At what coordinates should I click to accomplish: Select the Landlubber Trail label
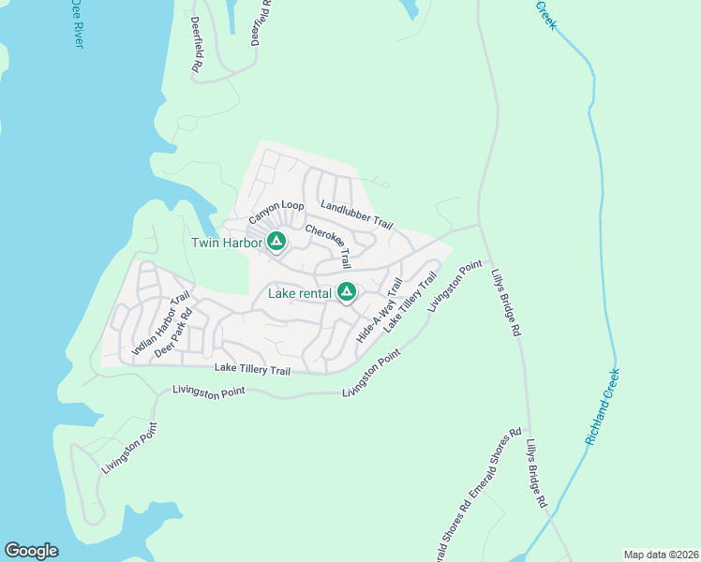(x=356, y=214)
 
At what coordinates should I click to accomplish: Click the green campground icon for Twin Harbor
(x=276, y=242)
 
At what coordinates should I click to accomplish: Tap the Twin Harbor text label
(x=225, y=243)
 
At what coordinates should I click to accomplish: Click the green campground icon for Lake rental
(x=347, y=293)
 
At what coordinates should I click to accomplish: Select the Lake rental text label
(x=299, y=293)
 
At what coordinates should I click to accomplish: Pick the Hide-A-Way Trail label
(x=380, y=310)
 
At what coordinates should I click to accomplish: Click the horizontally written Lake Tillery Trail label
(x=252, y=370)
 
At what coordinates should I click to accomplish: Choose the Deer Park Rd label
(x=173, y=333)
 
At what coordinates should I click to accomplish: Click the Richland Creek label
(x=603, y=406)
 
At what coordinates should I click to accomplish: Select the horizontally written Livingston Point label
(x=208, y=394)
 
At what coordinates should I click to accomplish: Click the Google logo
(x=31, y=551)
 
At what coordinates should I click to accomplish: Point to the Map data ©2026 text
(x=661, y=555)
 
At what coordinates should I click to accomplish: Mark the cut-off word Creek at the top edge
(x=545, y=13)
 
